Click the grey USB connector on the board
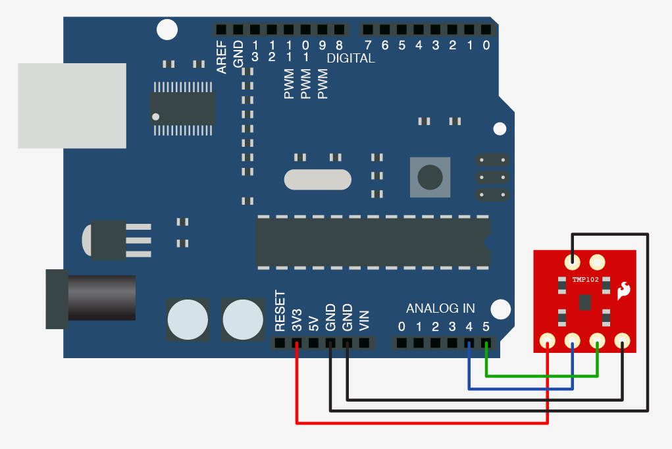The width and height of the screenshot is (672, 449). (x=72, y=105)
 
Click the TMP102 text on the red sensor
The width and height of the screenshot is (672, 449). (x=585, y=280)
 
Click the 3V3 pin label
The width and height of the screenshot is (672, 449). (x=297, y=320)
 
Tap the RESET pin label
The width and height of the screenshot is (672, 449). (x=280, y=311)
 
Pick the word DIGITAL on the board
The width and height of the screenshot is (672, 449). (x=351, y=59)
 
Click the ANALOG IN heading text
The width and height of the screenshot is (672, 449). (x=440, y=308)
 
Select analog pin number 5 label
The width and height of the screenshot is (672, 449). (x=486, y=327)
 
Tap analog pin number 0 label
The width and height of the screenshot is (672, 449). (x=401, y=327)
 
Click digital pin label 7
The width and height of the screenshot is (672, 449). (x=368, y=45)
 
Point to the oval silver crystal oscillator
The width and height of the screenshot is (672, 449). (x=318, y=179)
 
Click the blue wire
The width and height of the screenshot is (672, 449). (x=520, y=388)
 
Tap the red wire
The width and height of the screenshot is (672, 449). (x=421, y=423)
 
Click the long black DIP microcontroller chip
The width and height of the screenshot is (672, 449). (x=373, y=242)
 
